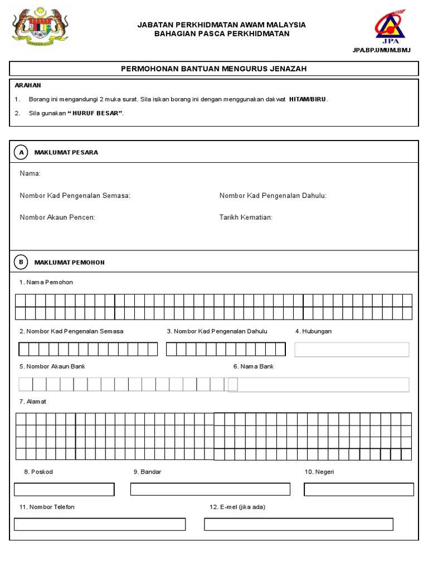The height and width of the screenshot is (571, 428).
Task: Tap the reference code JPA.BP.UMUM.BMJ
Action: tap(381, 50)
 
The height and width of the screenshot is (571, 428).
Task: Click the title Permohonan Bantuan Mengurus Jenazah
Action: tap(214, 69)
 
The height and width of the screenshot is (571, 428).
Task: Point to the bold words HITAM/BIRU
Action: tap(308, 99)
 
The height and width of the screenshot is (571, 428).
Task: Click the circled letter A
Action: tap(21, 152)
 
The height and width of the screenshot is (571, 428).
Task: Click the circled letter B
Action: tap(21, 262)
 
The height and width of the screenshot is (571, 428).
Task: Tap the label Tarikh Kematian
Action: tap(246, 217)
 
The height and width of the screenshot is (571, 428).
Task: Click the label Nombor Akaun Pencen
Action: tap(57, 217)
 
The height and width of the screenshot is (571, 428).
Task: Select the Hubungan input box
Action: tap(352, 350)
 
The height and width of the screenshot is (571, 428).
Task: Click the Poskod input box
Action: tap(64, 490)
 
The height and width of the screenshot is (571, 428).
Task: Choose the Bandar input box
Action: tap(210, 490)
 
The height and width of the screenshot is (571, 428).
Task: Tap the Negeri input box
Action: tap(358, 490)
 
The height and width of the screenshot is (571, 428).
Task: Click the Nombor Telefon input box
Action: tap(100, 524)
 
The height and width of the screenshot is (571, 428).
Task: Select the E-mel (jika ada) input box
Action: tap(298, 524)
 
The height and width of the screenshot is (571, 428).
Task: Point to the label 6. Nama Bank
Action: tap(254, 366)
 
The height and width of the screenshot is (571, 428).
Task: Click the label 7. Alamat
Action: tap(33, 401)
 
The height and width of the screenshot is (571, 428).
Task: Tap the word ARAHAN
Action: tap(28, 85)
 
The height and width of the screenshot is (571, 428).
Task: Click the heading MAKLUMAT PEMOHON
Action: tap(69, 262)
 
